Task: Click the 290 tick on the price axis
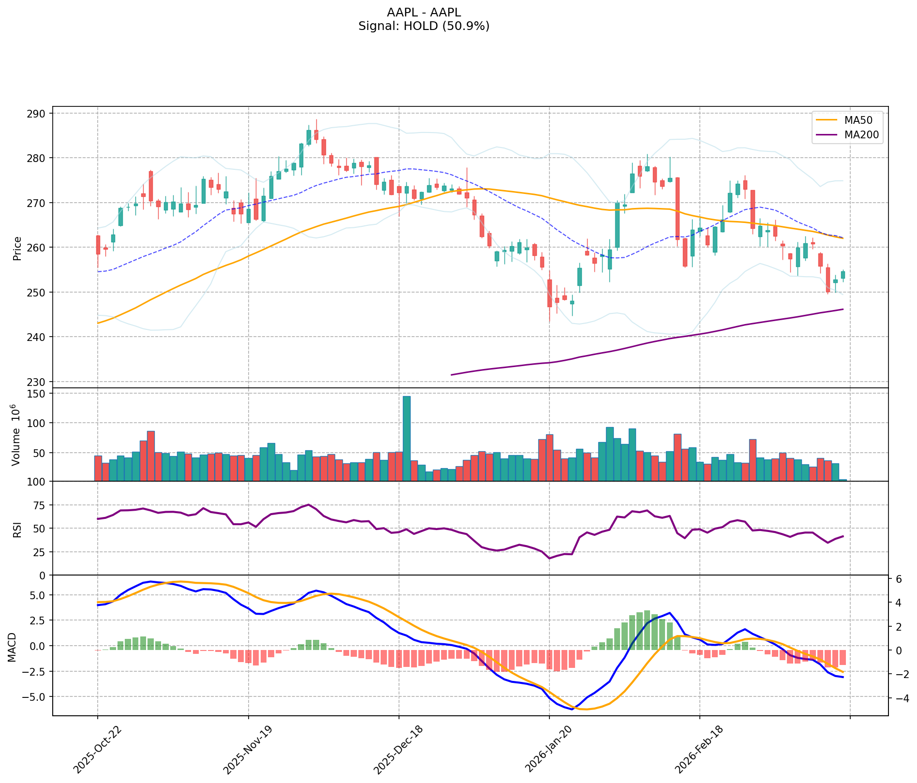38,114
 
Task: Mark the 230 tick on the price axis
38,382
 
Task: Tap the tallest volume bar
407,438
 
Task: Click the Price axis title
17,248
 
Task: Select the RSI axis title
17,529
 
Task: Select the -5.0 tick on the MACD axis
35,697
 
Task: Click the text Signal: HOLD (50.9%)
424,26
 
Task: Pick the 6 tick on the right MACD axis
899,579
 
